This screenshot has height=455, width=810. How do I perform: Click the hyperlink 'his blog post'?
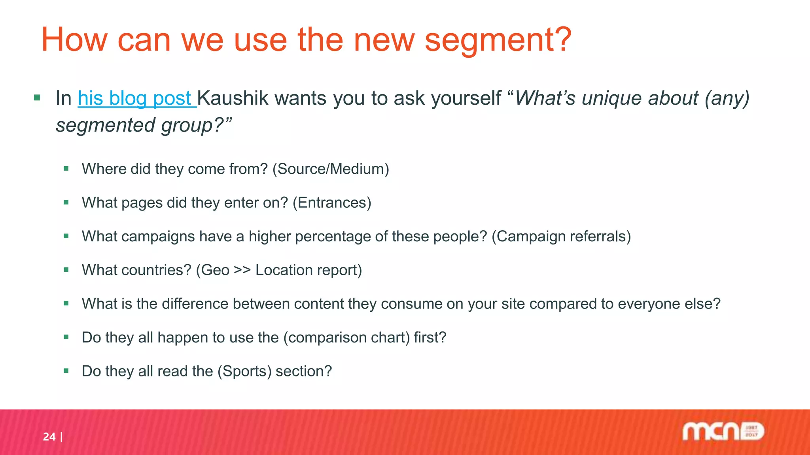[134, 98]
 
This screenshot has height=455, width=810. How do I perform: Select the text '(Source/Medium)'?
[331, 169]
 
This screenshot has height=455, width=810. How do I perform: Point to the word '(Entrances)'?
[332, 203]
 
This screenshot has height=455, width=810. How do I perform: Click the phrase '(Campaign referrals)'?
[561, 236]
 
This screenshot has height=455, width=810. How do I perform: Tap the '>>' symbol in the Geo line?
[242, 270]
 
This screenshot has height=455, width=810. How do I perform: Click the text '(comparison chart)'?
[346, 338]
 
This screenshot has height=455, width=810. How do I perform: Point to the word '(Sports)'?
[244, 371]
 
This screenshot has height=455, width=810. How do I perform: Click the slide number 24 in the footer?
[49, 437]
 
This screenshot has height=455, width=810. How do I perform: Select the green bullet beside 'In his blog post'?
[37, 98]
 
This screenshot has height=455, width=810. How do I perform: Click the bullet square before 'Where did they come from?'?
[66, 169]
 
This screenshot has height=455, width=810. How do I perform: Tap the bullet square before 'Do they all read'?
[66, 371]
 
